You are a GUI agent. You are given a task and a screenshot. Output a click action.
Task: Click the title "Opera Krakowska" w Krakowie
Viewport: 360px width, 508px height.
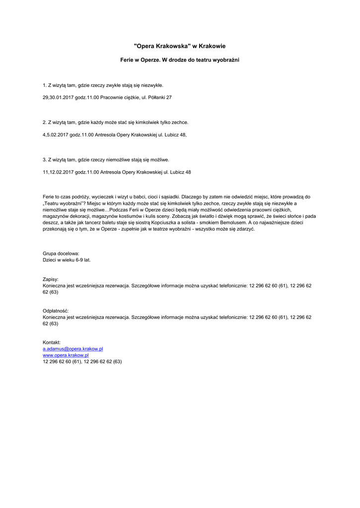click(180, 46)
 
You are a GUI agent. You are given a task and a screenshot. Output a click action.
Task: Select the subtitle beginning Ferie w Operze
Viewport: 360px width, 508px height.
click(180, 60)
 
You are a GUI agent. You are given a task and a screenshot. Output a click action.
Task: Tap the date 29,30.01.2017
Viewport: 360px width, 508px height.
click(58, 98)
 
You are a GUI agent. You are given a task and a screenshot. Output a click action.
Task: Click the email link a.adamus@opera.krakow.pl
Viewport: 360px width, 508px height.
click(72, 349)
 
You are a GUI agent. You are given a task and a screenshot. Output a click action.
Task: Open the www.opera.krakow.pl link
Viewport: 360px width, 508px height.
click(66, 355)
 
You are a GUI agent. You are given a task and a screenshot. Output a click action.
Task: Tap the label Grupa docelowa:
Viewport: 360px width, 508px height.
click(61, 254)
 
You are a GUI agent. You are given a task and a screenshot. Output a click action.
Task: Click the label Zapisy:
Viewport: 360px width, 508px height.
click(51, 280)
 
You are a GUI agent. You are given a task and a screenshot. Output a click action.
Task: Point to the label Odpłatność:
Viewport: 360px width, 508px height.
click(56, 311)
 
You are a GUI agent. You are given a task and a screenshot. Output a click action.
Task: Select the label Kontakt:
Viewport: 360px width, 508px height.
click(52, 343)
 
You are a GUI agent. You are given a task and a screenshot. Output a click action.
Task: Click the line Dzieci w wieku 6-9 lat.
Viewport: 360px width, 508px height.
click(67, 259)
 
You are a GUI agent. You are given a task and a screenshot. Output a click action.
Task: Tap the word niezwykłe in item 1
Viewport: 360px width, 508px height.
click(151, 85)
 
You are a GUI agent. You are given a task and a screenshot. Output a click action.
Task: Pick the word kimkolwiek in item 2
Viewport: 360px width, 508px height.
click(147, 122)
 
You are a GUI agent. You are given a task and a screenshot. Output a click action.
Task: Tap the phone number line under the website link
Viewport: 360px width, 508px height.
click(82, 362)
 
